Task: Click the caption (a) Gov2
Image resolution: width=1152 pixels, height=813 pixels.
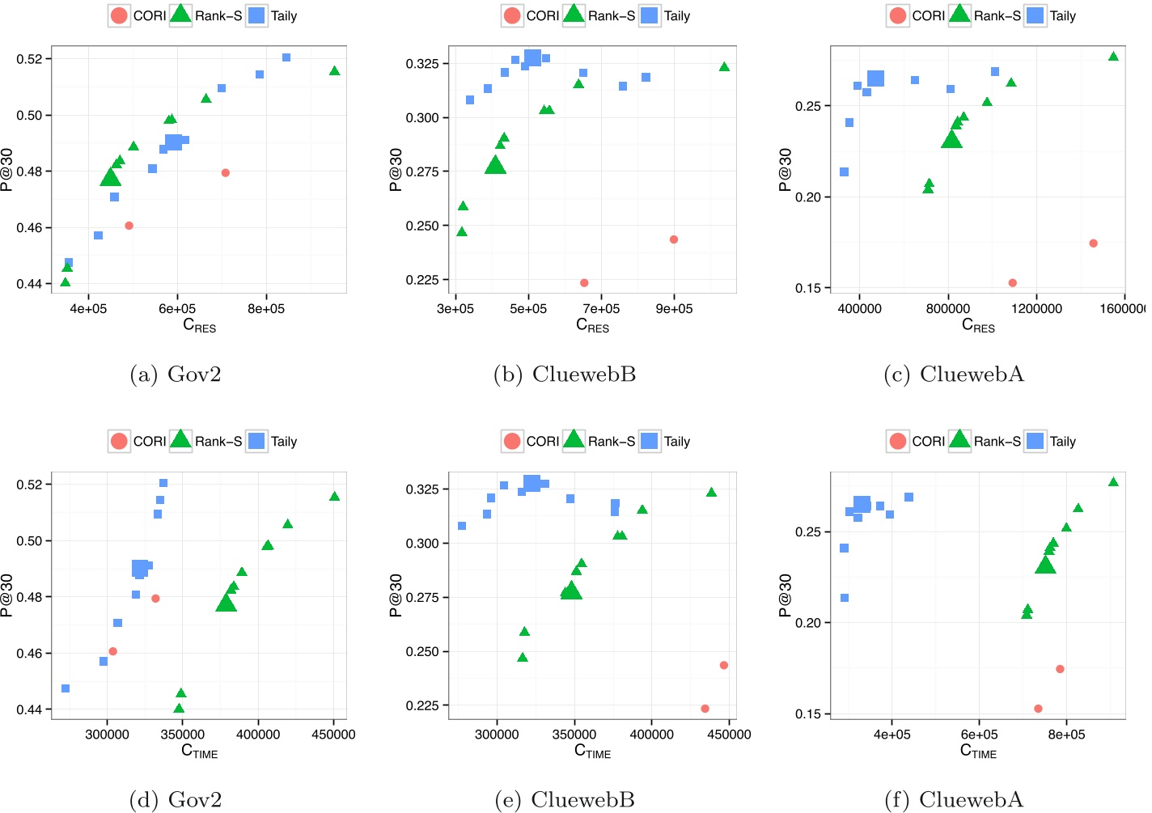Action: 176,375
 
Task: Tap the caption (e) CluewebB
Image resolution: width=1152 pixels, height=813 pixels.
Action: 564,799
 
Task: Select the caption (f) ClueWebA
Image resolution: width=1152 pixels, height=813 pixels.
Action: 954,799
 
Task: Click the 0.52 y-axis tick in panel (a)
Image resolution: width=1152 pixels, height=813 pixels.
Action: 29,59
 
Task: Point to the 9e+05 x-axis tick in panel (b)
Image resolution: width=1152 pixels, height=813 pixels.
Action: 674,308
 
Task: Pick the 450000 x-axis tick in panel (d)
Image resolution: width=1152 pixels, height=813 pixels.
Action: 333,735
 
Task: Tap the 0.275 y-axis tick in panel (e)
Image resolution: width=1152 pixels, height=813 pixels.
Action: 421,598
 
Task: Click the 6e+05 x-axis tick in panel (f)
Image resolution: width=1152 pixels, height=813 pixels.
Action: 979,735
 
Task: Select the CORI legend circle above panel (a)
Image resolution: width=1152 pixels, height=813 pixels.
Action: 119,16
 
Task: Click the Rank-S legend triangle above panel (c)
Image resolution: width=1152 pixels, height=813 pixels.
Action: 959,15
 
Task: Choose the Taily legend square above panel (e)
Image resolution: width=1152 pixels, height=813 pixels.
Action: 650,441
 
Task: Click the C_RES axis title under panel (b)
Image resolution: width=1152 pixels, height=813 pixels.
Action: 592,325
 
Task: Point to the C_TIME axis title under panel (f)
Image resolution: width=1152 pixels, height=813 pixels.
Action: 978,751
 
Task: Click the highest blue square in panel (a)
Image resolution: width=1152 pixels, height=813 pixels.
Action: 286,57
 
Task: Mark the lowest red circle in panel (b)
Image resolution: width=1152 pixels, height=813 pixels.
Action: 584,283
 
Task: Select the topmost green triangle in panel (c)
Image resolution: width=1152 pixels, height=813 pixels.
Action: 1113,57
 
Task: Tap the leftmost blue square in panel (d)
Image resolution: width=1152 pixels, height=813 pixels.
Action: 66,688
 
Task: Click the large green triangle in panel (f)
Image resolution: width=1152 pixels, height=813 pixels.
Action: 1045,565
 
